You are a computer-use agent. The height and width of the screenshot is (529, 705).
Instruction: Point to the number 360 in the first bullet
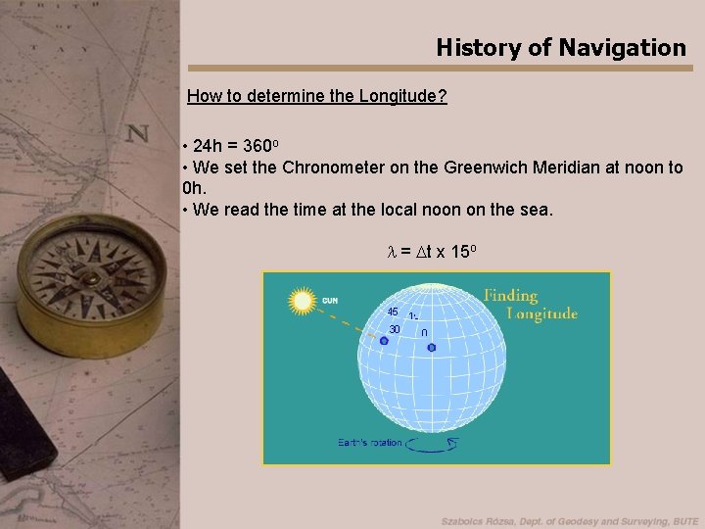[x=256, y=146]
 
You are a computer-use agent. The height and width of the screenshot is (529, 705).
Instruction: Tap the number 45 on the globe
[x=392, y=312]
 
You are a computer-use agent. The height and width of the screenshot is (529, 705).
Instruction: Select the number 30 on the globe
[x=394, y=329]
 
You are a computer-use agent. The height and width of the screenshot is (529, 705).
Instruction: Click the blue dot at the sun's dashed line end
[x=370, y=341]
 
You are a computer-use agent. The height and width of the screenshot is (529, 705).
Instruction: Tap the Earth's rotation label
[x=370, y=443]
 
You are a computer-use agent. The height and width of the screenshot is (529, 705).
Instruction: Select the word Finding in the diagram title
[x=511, y=295]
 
